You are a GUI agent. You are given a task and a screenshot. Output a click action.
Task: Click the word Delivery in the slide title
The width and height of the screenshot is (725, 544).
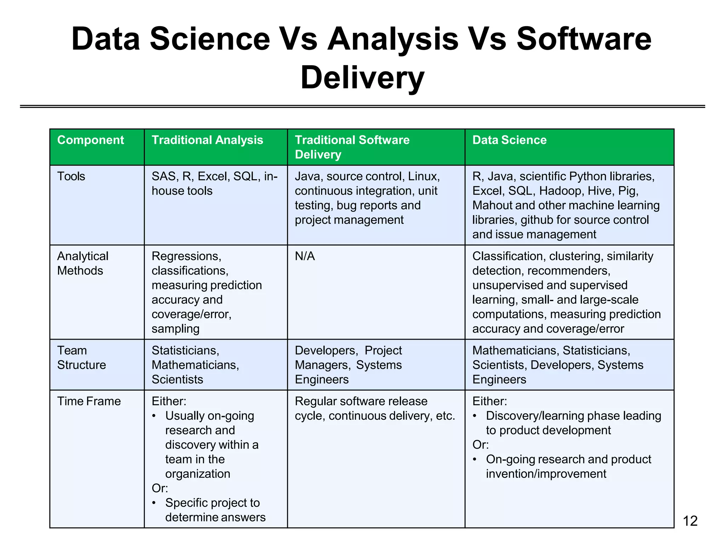(x=362, y=78)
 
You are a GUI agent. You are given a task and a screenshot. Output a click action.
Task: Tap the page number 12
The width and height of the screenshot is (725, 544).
(x=690, y=521)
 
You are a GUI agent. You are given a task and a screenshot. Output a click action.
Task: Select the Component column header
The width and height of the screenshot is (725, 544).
(x=91, y=140)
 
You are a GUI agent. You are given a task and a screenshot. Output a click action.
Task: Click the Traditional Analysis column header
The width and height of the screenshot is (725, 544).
(x=207, y=140)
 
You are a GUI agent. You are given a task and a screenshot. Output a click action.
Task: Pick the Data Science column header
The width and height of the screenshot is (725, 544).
(x=509, y=140)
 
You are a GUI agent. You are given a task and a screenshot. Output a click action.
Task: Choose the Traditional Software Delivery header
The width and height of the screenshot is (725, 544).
(x=352, y=147)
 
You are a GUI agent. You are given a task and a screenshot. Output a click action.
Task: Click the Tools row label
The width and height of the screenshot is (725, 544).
(x=71, y=176)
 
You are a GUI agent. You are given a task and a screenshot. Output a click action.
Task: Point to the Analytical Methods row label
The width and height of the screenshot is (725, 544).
(x=82, y=263)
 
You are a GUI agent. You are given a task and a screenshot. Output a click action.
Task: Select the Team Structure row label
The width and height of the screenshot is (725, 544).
(x=81, y=357)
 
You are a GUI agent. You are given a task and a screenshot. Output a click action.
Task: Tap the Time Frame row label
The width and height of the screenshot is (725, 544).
(x=89, y=401)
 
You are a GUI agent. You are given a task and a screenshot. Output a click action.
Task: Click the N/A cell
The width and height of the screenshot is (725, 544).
(x=305, y=256)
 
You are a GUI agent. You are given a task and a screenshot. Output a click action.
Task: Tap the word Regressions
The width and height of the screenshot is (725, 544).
(x=186, y=256)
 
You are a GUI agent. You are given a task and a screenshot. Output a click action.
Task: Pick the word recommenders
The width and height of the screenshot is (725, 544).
(x=569, y=271)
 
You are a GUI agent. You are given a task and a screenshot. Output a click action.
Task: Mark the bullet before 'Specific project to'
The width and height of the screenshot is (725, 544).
(x=154, y=503)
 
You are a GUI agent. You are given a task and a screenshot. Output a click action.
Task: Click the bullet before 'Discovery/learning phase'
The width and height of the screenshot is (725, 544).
(x=475, y=416)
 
